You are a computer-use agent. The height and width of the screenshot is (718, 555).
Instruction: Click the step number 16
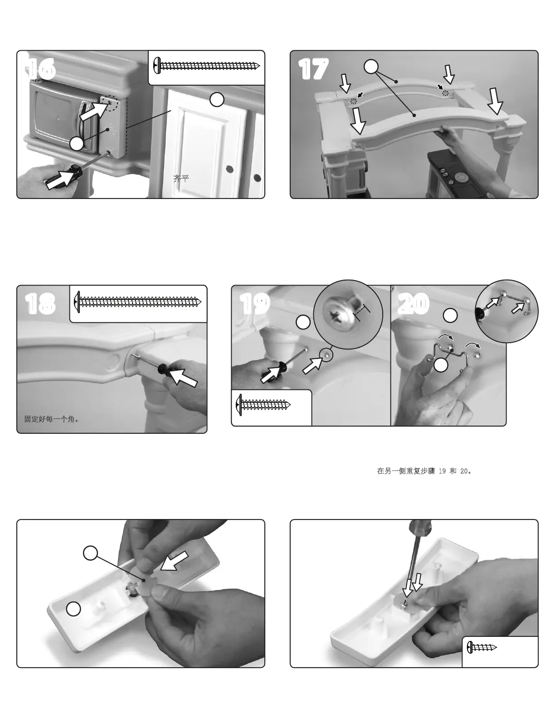point(40,69)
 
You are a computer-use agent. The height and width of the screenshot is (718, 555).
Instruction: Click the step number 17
point(313,69)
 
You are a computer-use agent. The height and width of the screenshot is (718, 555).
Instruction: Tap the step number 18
point(40,304)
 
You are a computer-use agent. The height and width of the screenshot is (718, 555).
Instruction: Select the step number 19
point(255,303)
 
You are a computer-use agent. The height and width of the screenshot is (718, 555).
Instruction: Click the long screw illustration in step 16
point(207,65)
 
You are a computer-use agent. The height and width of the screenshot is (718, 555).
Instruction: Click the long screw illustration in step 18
point(138,302)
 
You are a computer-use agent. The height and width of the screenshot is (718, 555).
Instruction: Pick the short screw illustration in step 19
point(263,405)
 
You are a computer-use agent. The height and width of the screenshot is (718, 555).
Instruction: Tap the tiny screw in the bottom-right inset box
point(482,647)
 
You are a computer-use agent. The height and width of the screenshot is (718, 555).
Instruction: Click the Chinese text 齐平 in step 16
point(181,179)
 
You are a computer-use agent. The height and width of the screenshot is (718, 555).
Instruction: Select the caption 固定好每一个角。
point(52,419)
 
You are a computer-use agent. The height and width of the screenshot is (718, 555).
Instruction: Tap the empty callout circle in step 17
point(371,67)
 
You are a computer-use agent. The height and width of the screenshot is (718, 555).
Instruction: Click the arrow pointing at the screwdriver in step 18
point(184,377)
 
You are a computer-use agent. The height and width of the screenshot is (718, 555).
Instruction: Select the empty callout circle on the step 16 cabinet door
point(217,99)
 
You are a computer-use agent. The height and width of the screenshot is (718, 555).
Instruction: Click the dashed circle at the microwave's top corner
point(109,103)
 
